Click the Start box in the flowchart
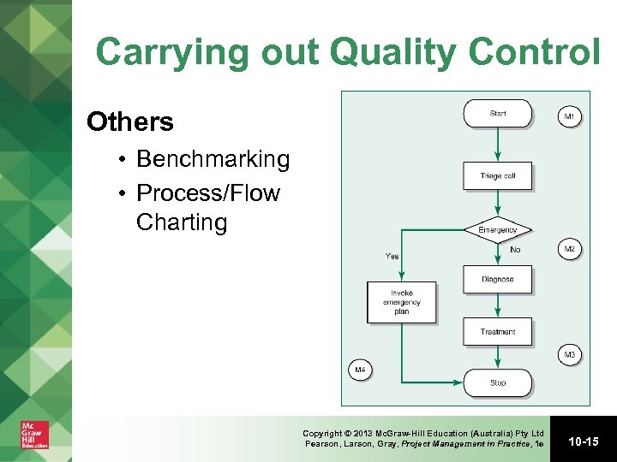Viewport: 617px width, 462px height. click(498, 114)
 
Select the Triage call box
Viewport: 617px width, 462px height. click(498, 176)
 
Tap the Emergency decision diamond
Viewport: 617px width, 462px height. click(498, 229)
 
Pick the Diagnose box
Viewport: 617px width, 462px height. click(498, 279)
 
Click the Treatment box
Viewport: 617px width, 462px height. click(498, 331)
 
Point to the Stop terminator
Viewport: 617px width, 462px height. click(498, 382)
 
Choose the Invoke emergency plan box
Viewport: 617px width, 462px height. click(401, 302)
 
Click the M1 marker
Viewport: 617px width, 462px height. click(570, 116)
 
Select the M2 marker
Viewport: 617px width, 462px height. click(570, 249)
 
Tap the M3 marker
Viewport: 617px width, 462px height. click(570, 354)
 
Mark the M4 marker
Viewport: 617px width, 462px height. click(361, 370)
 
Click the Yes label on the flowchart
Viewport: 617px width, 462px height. click(392, 255)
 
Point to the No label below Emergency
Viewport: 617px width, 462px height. click(514, 250)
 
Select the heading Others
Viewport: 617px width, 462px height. click(130, 122)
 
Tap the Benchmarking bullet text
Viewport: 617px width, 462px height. click(213, 159)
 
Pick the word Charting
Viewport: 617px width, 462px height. click(181, 222)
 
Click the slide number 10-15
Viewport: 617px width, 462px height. click(583, 441)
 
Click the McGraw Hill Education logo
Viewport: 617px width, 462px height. click(35, 435)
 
